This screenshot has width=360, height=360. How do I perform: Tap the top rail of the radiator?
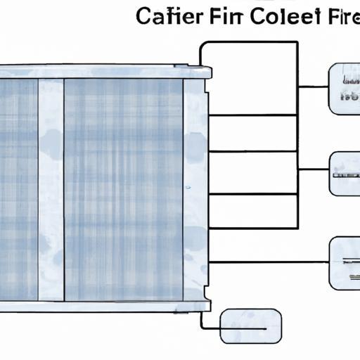tap(105, 72)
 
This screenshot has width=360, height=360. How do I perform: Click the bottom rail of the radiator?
tap(105, 307)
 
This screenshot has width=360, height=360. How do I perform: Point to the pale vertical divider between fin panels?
tap(51, 190)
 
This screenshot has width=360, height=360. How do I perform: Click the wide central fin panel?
tap(124, 190)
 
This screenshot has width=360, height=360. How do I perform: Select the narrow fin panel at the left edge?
tap(19, 190)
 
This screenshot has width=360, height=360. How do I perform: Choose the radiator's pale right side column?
tap(195, 190)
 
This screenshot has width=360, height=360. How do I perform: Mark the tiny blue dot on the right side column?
tap(188, 188)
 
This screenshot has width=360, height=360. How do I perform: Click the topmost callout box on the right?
tap(345, 89)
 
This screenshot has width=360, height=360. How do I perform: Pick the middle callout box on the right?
tap(345, 174)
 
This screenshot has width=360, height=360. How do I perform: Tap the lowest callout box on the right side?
tap(345, 262)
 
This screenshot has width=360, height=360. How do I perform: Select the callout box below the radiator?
tap(250, 327)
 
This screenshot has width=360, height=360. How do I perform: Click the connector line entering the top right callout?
tap(313, 86)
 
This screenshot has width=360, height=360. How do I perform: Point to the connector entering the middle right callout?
tap(313, 169)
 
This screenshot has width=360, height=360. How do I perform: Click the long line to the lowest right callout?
tap(267, 262)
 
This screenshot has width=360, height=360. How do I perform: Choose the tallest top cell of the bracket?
tap(249, 77)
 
